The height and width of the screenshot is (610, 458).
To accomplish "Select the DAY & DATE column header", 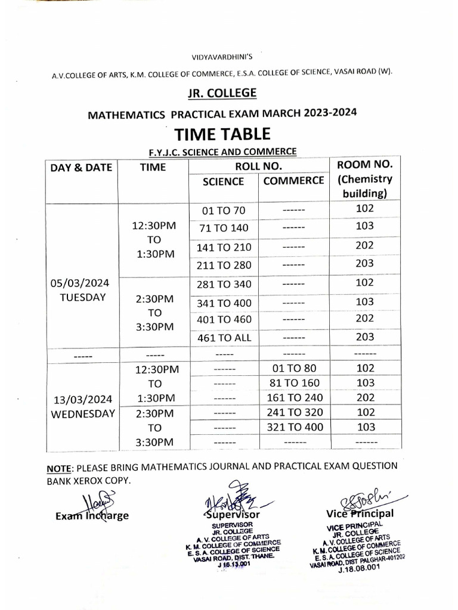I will coord(82,167).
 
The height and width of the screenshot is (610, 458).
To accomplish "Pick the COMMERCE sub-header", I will coord(293,180).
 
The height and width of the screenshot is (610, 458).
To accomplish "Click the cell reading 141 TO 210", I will coord(224,247).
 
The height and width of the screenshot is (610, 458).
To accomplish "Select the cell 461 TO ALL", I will coord(224,338).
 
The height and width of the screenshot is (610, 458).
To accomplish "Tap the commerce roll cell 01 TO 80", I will coord(293,369).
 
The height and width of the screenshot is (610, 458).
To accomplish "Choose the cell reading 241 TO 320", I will coord(293,412).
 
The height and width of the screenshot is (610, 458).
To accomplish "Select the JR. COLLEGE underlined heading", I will coord(222,93).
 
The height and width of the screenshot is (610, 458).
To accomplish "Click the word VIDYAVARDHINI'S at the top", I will coord(222,57).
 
